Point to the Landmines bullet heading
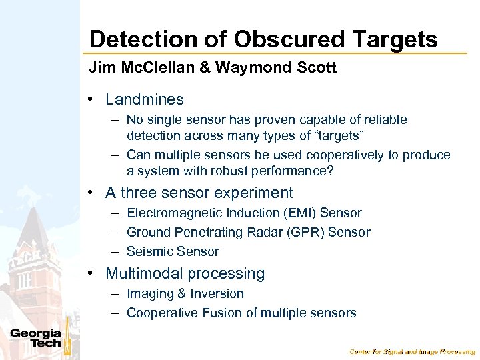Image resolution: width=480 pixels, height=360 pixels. (144, 100)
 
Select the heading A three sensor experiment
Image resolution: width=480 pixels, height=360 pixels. (199, 193)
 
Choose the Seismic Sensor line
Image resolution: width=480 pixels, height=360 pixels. (173, 251)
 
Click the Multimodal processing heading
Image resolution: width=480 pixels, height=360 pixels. (185, 274)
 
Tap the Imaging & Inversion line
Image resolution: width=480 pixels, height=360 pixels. (185, 294)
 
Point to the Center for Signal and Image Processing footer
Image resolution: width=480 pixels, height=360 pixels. (412, 351)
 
